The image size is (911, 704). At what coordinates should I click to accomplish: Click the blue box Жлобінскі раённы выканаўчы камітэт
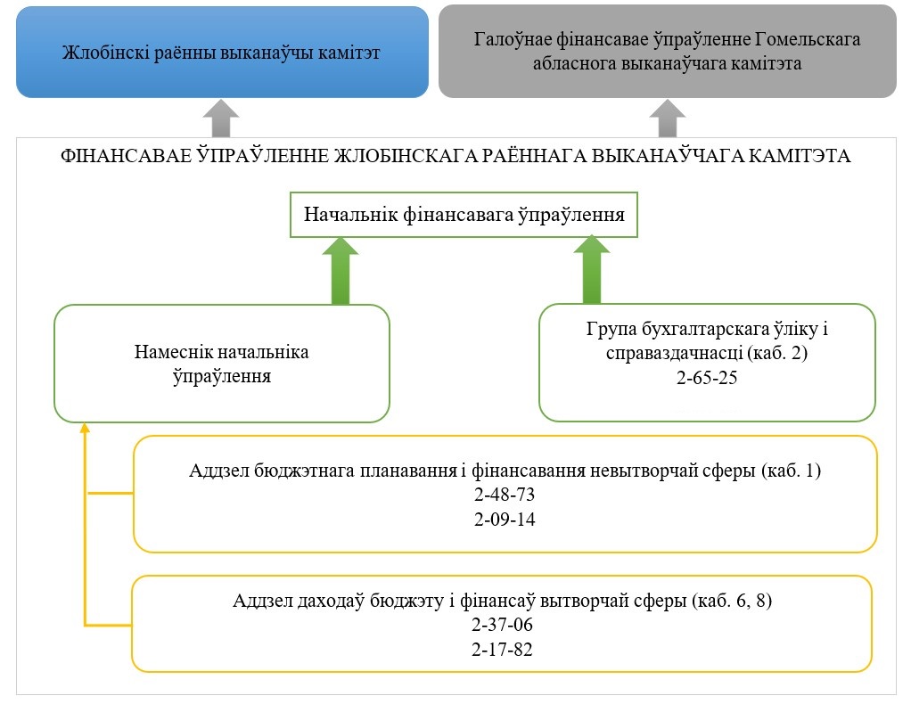point(222,53)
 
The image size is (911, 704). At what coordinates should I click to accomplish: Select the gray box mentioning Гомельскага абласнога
point(667,51)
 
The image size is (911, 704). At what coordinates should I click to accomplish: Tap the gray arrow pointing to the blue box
point(221,119)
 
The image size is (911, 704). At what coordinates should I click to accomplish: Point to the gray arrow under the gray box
point(667,119)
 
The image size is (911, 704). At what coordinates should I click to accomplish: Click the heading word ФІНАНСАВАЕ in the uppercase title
point(126,156)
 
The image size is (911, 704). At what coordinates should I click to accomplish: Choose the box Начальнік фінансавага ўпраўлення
point(464,215)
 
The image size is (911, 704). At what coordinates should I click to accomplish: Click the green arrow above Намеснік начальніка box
point(341,271)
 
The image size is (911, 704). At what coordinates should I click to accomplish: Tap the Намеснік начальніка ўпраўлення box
point(222,364)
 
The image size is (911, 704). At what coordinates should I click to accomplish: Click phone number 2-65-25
point(707,378)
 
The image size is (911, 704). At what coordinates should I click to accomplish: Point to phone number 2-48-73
point(505,495)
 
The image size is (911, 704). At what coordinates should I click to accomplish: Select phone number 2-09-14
point(505,520)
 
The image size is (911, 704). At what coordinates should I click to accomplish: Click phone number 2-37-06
point(502,625)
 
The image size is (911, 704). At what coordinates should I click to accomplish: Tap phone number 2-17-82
point(502,650)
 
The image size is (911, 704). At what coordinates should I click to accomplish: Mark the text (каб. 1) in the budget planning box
point(791,471)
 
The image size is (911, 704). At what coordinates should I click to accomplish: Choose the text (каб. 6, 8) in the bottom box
point(732,601)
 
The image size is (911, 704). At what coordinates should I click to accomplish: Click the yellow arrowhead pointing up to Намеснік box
point(85,428)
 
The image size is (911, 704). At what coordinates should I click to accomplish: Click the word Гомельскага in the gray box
point(808,39)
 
